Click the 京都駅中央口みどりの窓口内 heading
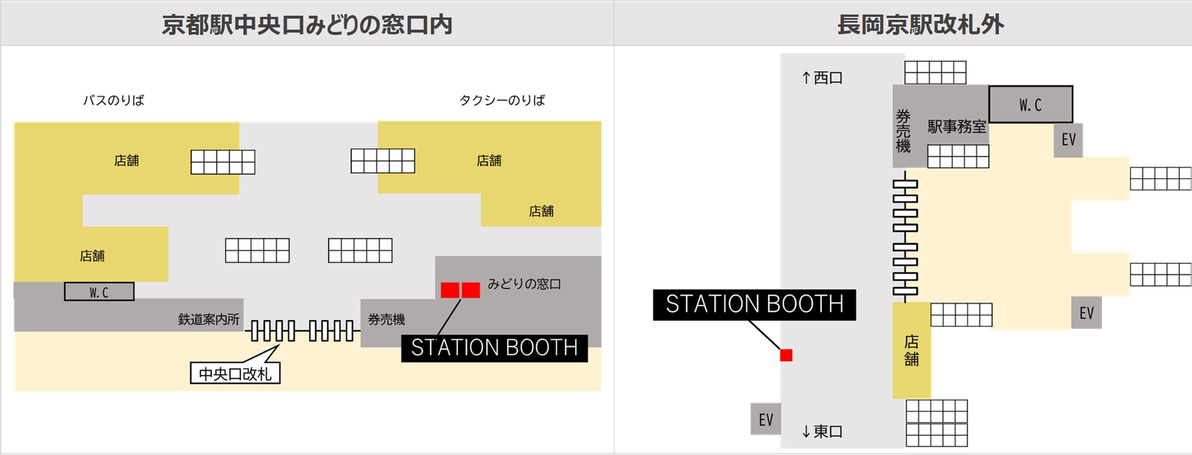(x=307, y=24)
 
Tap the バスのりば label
(x=113, y=100)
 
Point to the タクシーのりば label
(x=502, y=100)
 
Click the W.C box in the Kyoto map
(x=99, y=292)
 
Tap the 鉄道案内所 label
(x=209, y=319)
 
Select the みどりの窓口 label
(x=524, y=284)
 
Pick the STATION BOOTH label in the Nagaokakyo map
(x=754, y=305)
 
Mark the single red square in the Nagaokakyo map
(x=786, y=355)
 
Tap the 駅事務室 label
(x=956, y=126)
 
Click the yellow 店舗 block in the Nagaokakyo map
(x=911, y=350)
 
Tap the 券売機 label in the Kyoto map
(x=386, y=319)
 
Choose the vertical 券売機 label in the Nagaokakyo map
(x=903, y=131)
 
